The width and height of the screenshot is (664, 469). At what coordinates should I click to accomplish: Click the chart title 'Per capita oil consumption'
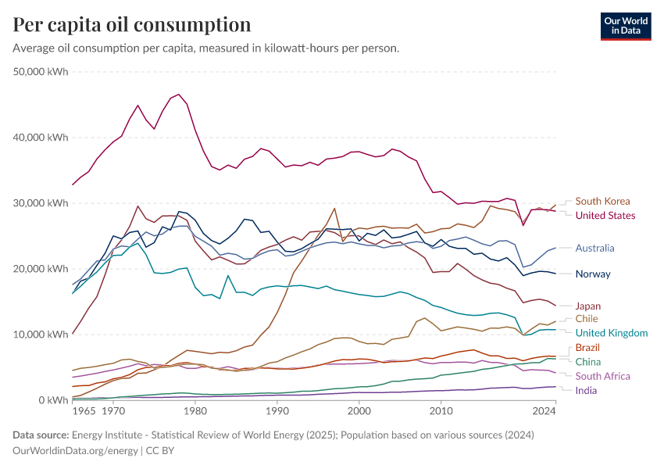(132, 24)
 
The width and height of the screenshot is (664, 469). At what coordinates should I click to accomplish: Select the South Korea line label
(602, 201)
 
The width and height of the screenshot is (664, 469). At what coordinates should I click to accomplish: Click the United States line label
(605, 215)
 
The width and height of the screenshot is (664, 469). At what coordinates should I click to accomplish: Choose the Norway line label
(593, 274)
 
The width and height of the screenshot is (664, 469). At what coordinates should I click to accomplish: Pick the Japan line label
(588, 306)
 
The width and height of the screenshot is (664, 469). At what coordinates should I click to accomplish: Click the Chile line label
(587, 318)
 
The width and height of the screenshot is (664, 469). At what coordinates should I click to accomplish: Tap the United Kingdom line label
(612, 333)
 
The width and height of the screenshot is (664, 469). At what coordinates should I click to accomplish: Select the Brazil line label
(587, 347)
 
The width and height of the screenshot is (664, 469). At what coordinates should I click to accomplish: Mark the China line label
(587, 361)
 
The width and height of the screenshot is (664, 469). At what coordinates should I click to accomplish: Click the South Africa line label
(602, 376)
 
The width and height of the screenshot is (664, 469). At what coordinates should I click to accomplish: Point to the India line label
(587, 390)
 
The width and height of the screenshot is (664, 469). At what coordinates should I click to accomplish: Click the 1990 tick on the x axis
(277, 410)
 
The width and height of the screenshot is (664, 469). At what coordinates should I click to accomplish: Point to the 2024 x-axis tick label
(544, 410)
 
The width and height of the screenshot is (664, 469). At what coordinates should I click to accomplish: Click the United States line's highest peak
(179, 95)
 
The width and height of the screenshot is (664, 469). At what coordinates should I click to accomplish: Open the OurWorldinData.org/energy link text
(76, 451)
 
